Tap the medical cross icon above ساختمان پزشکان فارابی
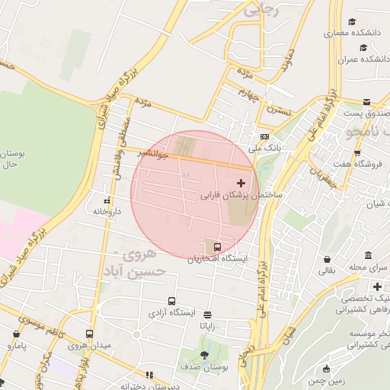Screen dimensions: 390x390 tap(241, 183)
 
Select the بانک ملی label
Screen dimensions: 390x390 tap(267, 148)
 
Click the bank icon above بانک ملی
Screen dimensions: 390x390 tap(264, 136)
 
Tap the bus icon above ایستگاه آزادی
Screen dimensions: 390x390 tap(171, 301)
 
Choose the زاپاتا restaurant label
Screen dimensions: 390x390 tap(207, 325)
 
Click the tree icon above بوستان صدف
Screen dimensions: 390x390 tap(204, 355)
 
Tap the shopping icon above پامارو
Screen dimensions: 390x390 tap(16, 333)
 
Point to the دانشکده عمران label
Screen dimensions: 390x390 tap(355, 59)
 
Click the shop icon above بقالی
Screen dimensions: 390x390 tap(327, 259)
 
